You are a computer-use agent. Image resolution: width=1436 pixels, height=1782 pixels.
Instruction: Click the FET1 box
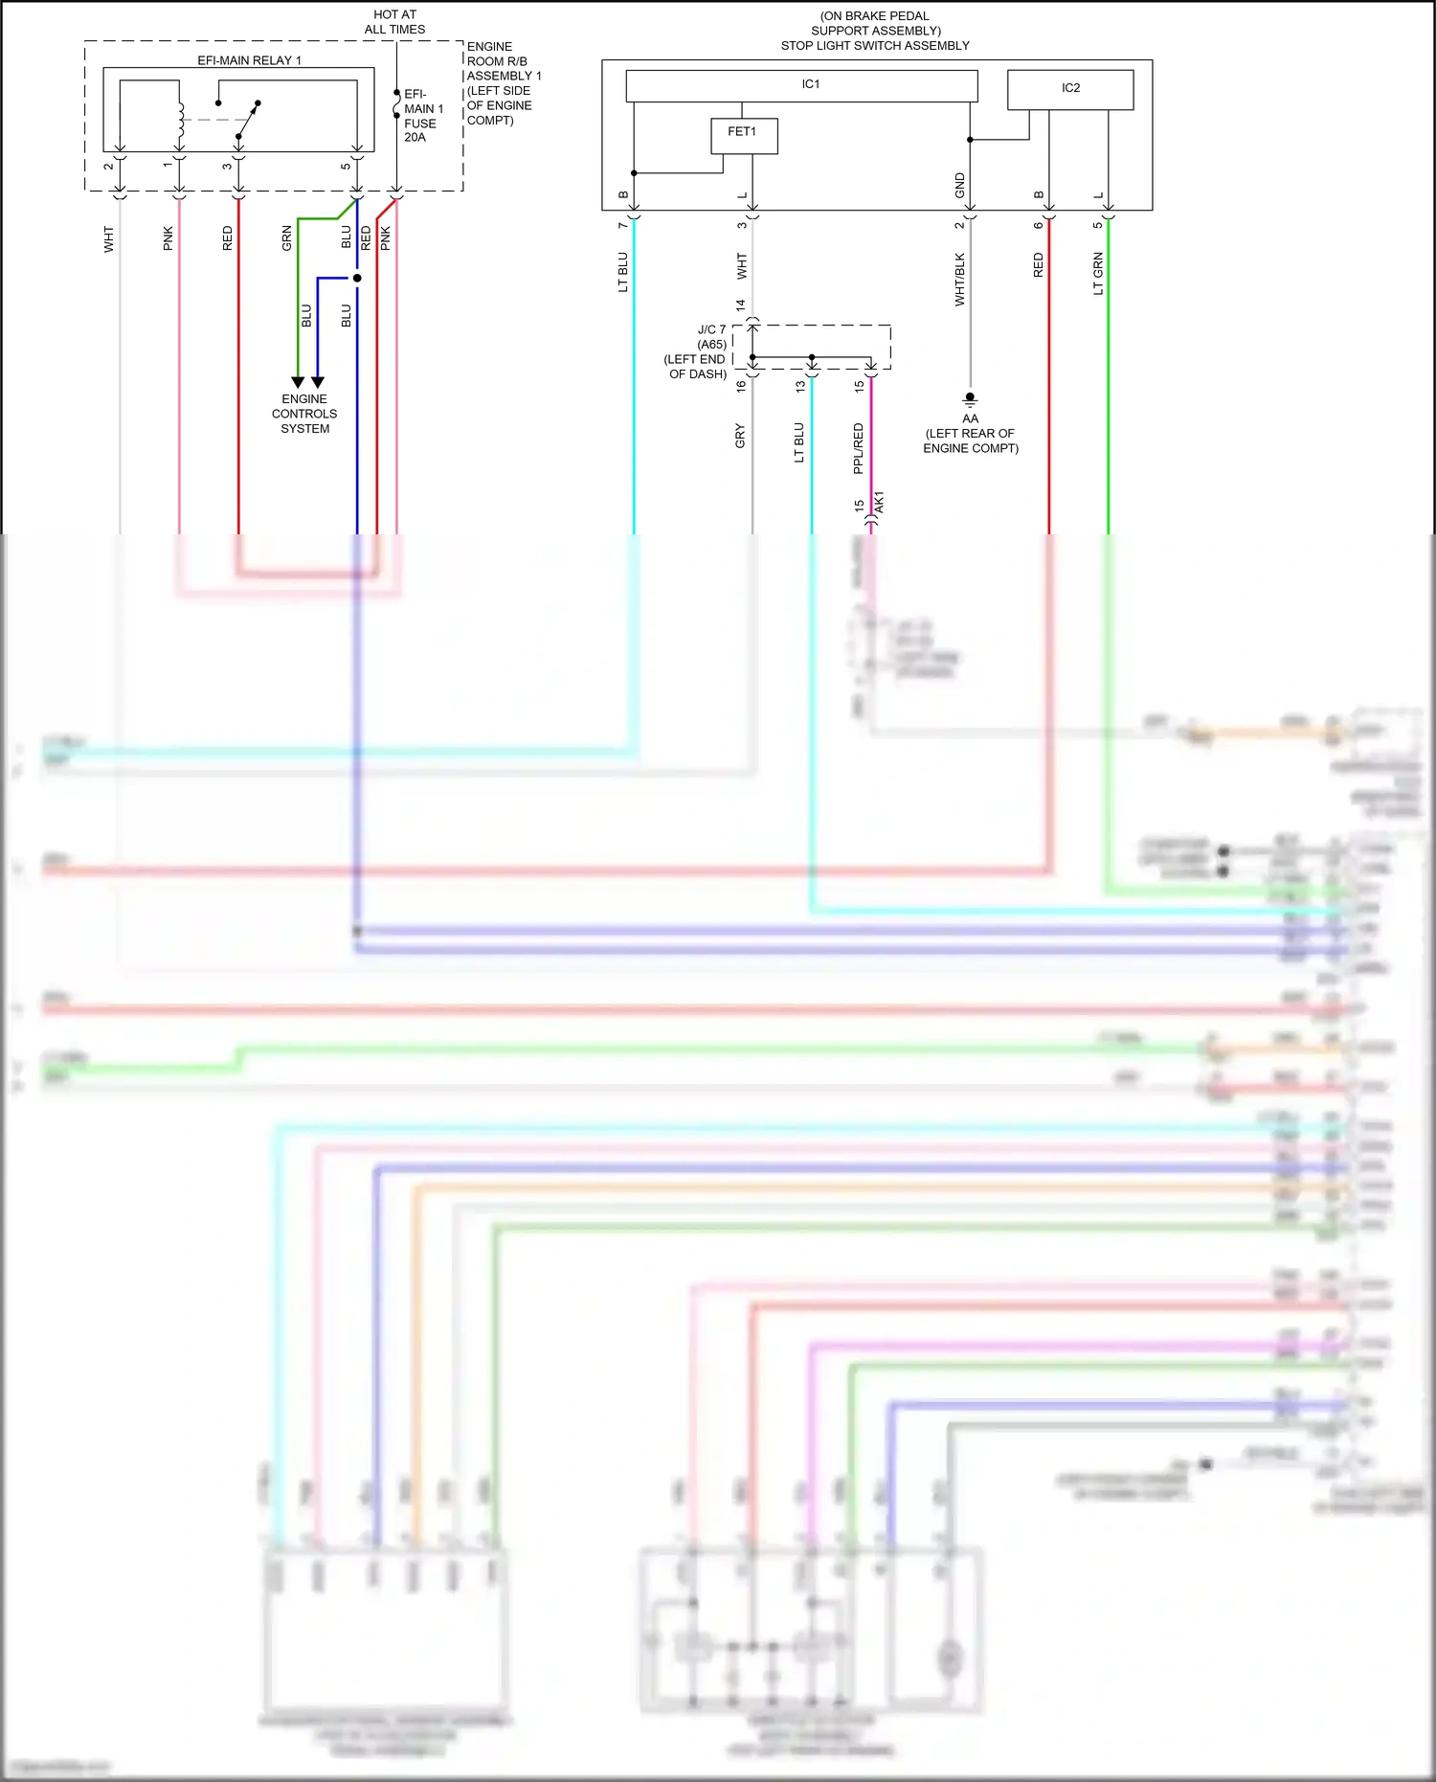coord(744,135)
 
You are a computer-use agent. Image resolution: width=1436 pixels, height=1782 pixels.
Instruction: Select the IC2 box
coord(1070,89)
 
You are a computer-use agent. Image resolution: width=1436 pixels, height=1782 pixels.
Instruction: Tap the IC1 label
coord(811,84)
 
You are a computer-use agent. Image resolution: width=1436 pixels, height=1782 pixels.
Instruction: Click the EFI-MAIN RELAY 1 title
coord(249,60)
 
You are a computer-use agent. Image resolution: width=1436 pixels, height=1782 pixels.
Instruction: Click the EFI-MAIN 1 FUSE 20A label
coord(421,116)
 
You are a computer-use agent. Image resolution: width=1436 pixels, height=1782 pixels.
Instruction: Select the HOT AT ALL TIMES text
coord(394,22)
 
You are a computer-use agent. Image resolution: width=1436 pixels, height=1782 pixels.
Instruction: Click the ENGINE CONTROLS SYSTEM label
coord(304,414)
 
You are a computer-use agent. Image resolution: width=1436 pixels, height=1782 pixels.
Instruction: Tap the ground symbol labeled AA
coord(970,398)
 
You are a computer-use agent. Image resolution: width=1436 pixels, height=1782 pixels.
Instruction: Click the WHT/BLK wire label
coord(959,280)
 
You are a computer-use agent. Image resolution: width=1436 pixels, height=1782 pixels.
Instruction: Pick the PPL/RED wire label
coord(858,448)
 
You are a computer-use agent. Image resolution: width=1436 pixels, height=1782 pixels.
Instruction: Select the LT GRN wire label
coord(1098,274)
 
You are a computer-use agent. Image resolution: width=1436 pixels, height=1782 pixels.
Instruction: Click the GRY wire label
coord(739,436)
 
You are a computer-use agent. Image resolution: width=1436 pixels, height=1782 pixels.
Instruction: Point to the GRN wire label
coord(286,238)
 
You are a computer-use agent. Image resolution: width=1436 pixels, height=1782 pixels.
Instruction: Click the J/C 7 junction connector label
coord(711,329)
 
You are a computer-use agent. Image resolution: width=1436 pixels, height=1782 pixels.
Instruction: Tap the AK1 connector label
coord(880,502)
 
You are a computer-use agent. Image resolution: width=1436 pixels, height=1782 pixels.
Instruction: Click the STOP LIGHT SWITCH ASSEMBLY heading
coord(875,45)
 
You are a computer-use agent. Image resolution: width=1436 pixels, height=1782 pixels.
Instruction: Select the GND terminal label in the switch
coord(959,186)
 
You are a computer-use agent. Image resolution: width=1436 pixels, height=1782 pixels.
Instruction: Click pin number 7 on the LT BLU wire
coord(622,224)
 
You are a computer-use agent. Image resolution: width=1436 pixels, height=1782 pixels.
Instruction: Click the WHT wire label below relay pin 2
coord(108,239)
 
